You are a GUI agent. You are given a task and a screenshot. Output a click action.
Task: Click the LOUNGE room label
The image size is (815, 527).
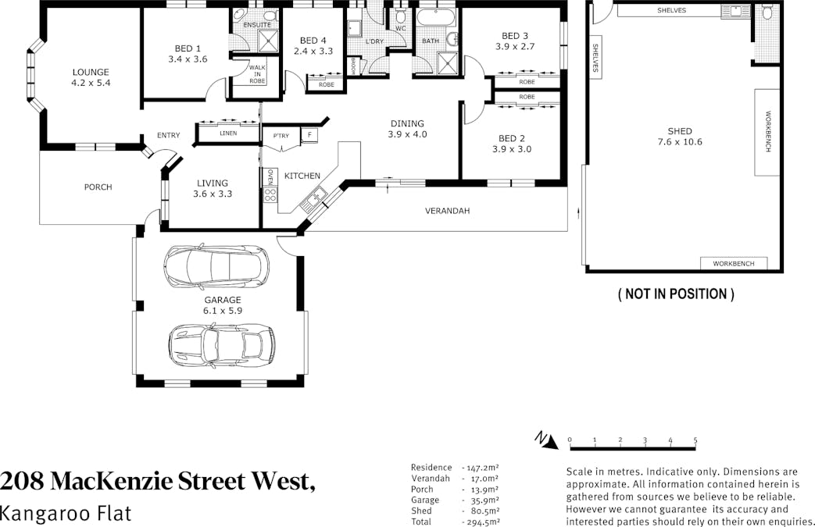(91, 72)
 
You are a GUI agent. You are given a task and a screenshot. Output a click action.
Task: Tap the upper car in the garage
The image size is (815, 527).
(216, 266)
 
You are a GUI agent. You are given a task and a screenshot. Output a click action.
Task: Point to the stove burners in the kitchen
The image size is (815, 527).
(270, 194)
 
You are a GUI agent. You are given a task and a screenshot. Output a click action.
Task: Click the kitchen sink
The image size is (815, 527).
(314, 199)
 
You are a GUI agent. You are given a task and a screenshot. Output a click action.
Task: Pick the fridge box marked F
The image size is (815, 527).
(309, 135)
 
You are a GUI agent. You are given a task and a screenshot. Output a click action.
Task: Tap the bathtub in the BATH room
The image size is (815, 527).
(437, 18)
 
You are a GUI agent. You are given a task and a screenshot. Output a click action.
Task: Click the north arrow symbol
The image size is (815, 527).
(546, 440)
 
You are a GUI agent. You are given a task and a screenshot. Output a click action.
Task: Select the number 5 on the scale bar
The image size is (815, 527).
(695, 440)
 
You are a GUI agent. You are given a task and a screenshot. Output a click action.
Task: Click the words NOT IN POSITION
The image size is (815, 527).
(676, 294)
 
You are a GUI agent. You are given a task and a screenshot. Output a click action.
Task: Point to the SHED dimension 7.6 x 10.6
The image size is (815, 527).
(680, 142)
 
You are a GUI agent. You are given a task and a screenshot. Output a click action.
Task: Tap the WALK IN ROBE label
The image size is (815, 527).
(257, 74)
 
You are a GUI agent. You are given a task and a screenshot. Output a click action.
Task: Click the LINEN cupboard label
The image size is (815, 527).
(228, 134)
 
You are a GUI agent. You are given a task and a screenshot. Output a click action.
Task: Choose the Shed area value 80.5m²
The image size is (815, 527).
(482, 511)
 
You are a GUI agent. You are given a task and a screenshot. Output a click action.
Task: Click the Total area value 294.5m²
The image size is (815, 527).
(481, 522)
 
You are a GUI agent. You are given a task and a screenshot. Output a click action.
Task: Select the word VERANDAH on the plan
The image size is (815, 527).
(447, 211)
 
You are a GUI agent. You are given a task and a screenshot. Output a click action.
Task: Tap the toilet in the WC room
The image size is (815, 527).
(400, 16)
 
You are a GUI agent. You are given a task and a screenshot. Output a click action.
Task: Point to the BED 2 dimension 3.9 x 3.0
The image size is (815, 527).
(512, 149)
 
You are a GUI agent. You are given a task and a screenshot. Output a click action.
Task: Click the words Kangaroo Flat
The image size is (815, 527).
(66, 514)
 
